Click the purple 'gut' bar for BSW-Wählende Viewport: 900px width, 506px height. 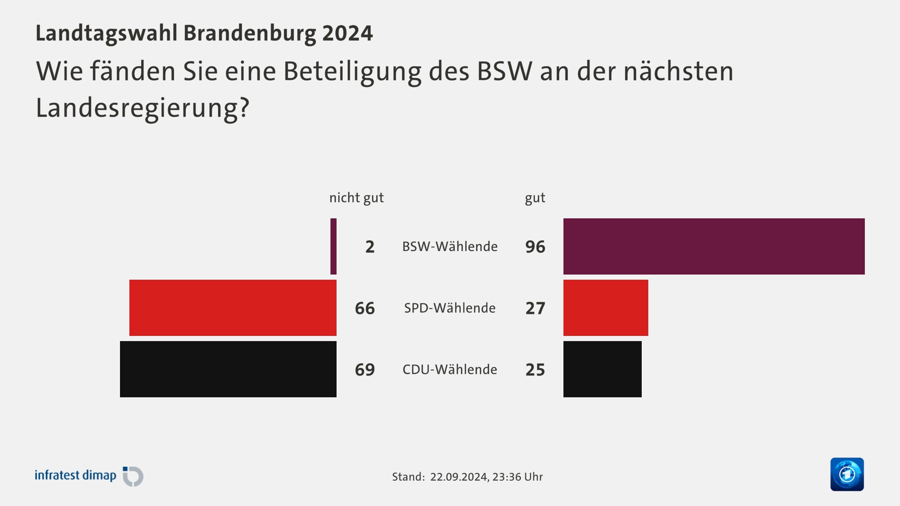coord(713,246)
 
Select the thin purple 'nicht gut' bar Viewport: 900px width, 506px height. coord(333,246)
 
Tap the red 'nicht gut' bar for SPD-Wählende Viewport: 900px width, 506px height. coord(232,308)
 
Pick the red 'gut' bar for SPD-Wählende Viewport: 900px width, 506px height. coord(606,308)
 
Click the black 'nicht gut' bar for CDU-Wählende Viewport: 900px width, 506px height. coord(228,369)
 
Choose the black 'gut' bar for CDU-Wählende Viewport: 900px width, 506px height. coord(602,369)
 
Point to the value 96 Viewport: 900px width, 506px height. coord(535,247)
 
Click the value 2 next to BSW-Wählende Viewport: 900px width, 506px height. coord(370,247)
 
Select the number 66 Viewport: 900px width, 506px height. coord(365,308)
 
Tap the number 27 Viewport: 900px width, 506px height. coord(535,308)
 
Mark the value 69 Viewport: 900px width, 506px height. coord(365,370)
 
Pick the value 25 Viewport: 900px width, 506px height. coord(535,370)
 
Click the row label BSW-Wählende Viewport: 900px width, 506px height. coord(450,246)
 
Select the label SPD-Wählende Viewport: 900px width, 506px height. coord(450,308)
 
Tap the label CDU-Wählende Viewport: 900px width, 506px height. coord(450,369)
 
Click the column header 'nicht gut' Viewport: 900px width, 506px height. coord(356,198)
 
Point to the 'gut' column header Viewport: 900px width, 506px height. coord(535,198)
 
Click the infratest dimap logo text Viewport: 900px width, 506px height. coord(75,476)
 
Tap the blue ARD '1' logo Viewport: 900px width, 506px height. coord(847,474)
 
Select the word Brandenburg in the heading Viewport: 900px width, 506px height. coord(249,33)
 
